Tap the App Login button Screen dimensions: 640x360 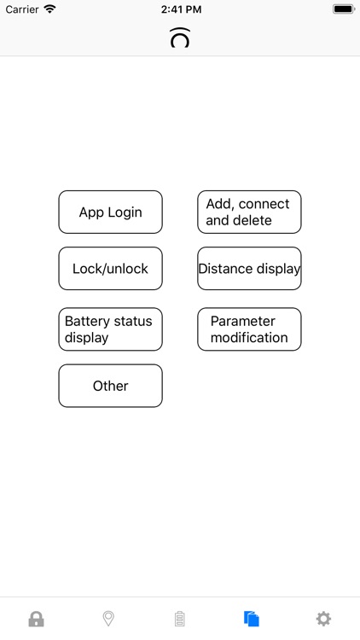click(x=110, y=212)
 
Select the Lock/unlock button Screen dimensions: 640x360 click(x=110, y=269)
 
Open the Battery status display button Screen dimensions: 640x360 click(x=110, y=329)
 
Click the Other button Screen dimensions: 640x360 click(x=110, y=386)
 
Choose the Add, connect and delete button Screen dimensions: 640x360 click(x=249, y=212)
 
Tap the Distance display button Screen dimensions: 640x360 click(x=249, y=269)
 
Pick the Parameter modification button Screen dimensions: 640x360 click(x=249, y=329)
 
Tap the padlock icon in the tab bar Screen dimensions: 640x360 click(x=36, y=619)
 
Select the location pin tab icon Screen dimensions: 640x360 click(x=108, y=619)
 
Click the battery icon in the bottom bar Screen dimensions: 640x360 click(x=179, y=619)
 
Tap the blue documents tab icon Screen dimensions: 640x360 click(x=251, y=619)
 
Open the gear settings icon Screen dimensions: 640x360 click(x=323, y=619)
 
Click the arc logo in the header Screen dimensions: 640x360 click(x=179, y=38)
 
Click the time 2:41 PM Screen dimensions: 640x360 click(x=179, y=9)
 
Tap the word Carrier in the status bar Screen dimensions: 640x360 click(x=22, y=9)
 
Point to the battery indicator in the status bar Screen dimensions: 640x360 click(x=343, y=9)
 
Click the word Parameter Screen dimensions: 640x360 click(x=243, y=321)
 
